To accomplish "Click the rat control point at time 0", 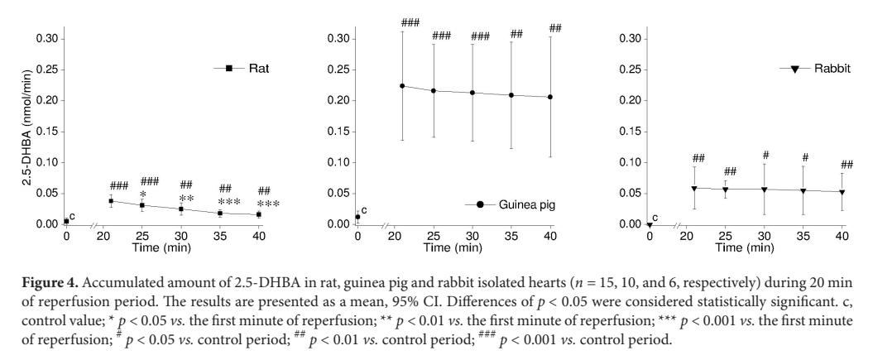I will click(66, 221).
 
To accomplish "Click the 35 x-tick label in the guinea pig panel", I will click(511, 236).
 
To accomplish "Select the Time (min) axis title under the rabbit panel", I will click(745, 247).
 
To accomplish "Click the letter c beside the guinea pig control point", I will click(364, 210).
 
